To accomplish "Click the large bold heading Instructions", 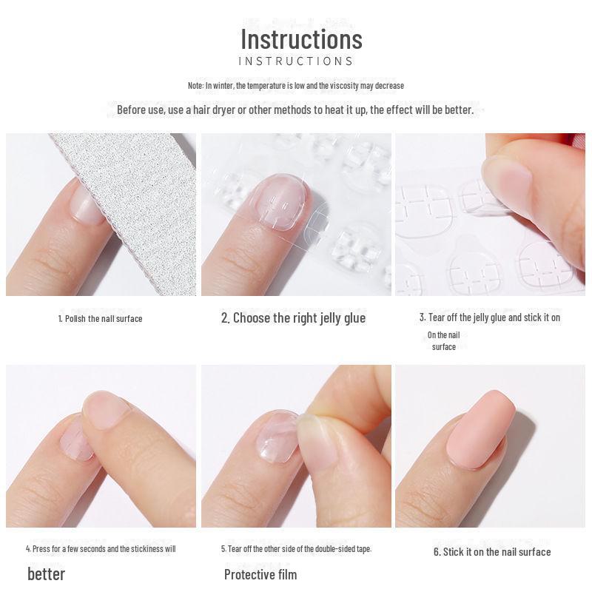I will point(301,38).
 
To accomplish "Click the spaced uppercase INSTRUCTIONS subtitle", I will point(296,61).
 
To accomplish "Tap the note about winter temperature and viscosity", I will point(296,86).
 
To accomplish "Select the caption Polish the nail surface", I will point(100,319).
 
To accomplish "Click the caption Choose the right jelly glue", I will point(293,318).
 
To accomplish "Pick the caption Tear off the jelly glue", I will point(489,317).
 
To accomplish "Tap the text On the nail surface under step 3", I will point(444,341).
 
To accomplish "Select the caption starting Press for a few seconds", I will point(101,549).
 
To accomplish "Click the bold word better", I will point(46,574).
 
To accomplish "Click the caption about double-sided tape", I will point(296,549).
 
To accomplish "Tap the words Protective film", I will point(260,575).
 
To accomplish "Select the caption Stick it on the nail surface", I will point(492,552).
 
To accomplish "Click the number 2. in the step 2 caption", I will point(225,318).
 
